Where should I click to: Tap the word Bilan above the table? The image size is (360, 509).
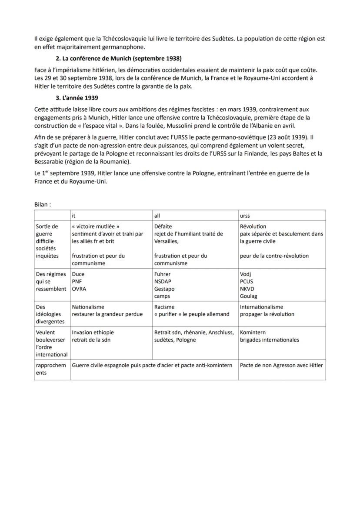42,204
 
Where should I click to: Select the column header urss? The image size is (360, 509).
245,216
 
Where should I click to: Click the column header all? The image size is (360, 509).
157,216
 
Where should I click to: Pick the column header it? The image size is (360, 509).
74,216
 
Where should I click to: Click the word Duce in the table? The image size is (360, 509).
78,274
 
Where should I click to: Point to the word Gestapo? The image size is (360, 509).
164,289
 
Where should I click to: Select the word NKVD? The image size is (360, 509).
247,289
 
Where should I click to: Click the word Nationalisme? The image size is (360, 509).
88,307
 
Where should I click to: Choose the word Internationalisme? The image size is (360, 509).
261,307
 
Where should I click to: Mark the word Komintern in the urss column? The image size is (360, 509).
253,333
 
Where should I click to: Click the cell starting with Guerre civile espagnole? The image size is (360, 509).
152,365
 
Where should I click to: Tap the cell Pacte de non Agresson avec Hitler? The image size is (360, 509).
281,365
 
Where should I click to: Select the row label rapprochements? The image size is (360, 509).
51,369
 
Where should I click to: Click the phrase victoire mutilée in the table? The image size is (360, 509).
96,226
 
